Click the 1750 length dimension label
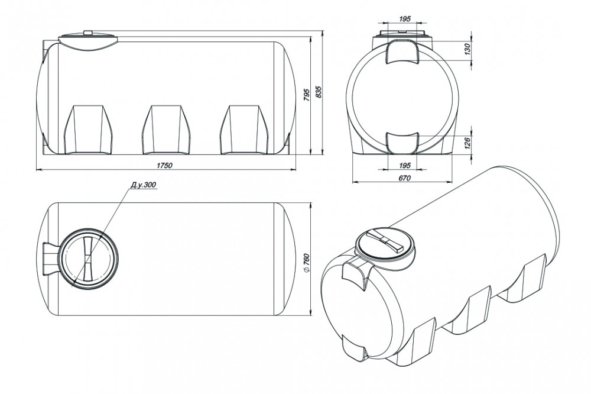click(164, 166)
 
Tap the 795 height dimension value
click(306, 95)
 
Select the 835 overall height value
click(318, 92)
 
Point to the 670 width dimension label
click(404, 177)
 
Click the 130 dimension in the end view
click(467, 49)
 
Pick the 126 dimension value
click(467, 143)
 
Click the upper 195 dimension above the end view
click(404, 18)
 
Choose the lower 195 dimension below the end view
click(404, 166)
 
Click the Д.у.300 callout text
click(143, 185)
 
